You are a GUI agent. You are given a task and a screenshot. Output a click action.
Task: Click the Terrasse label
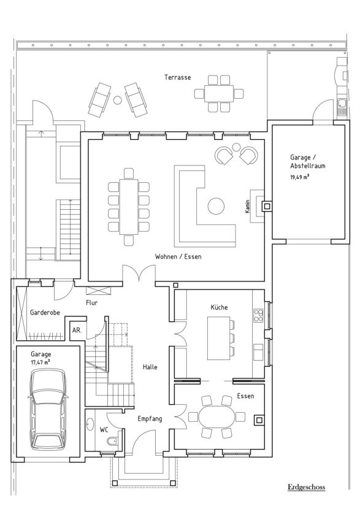[177, 77]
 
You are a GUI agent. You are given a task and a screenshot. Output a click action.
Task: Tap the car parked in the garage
[48, 409]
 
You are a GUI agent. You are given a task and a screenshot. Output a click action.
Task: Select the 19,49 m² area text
[300, 177]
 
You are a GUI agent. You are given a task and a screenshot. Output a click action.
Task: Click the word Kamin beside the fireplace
[247, 207]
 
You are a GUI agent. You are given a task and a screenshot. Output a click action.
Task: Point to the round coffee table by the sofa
[216, 206]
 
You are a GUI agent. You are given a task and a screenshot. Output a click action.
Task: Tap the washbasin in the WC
[90, 424]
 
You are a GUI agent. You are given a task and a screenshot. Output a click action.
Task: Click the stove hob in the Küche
[258, 315]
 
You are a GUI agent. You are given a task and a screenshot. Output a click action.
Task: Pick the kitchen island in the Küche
[218, 339]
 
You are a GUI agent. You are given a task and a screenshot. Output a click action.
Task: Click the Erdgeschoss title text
[306, 487]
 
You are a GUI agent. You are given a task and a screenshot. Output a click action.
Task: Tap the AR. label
[77, 331]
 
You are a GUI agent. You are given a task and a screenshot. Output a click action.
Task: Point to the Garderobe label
[45, 313]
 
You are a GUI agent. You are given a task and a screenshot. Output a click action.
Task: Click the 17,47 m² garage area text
[40, 362]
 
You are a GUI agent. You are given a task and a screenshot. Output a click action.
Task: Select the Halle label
[150, 367]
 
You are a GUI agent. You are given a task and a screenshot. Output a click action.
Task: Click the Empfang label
[150, 419]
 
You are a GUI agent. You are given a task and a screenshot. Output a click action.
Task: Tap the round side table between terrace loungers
[118, 101]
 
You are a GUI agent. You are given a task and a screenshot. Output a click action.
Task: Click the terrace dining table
[219, 94]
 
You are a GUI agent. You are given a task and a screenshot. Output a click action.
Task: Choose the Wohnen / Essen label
[178, 257]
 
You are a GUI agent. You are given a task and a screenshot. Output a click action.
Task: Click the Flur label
[91, 303]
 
